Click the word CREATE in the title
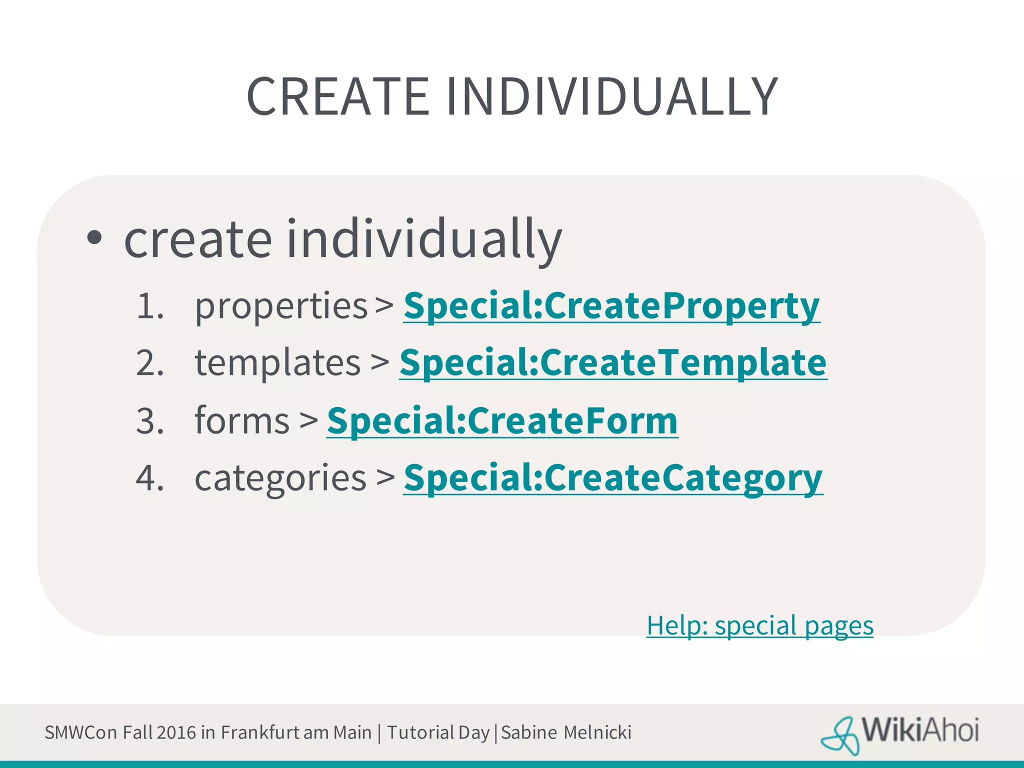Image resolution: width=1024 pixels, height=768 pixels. pos(338,96)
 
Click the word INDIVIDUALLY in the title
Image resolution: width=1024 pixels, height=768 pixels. pos(611,96)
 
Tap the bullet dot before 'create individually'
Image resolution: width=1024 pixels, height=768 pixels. pos(94,238)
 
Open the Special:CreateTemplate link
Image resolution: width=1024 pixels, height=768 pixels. pos(613,362)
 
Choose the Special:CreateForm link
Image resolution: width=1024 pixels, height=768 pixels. pos(502,420)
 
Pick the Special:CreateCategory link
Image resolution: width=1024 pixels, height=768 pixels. pos(613,477)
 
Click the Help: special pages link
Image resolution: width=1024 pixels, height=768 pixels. pos(759,625)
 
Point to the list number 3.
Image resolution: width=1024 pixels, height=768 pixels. pos(149,420)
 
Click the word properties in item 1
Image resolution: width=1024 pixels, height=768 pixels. pos(281,306)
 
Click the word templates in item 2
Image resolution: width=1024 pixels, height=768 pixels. pos(277,362)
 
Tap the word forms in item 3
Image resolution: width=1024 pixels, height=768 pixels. pos(242,420)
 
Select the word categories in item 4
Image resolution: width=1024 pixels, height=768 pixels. pos(280,478)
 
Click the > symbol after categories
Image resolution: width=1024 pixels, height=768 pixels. pos(385,477)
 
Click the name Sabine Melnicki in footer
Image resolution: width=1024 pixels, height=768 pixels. pos(566,732)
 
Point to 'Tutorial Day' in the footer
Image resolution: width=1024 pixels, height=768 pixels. pos(438,732)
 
